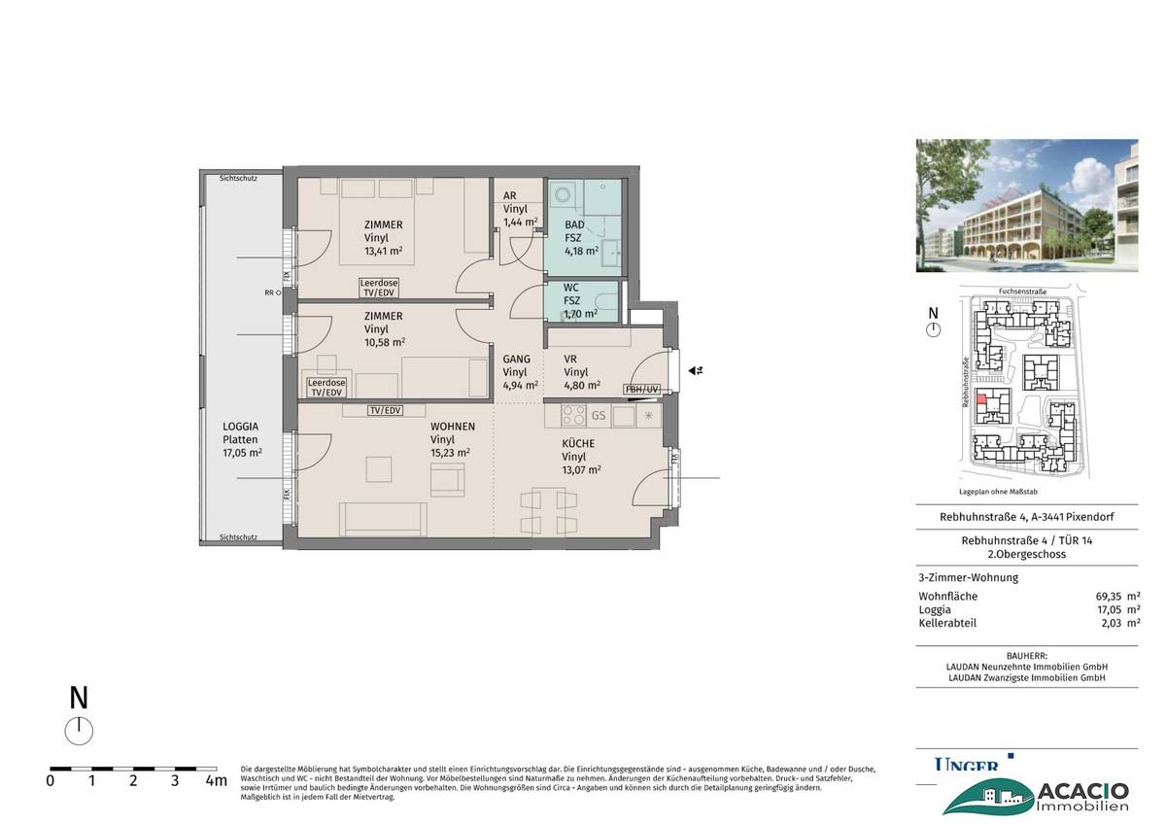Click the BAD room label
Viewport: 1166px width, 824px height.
(575, 223)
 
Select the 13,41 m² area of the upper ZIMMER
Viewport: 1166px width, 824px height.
(383, 250)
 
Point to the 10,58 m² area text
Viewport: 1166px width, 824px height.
(385, 342)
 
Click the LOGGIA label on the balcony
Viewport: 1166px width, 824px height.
(240, 427)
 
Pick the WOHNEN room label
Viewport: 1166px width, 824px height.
(453, 427)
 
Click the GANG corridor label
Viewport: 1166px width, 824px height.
(516, 359)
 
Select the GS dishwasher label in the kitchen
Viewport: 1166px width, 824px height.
(599, 415)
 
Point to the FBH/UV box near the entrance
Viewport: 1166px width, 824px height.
(642, 390)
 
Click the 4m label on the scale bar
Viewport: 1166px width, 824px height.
(216, 779)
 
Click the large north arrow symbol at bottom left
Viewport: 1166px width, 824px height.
(79, 730)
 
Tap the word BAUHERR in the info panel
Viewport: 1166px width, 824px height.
(1025, 657)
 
